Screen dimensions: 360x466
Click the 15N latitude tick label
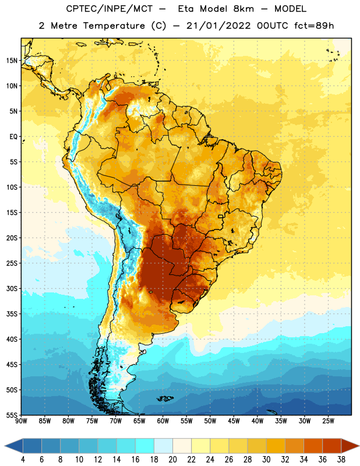[12, 61]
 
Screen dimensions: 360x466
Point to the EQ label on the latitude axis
[13, 137]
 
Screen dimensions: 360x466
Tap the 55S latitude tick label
[12, 415]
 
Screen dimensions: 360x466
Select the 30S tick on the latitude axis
[12, 288]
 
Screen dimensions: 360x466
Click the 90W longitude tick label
[21, 421]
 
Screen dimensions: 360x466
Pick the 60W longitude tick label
[163, 421]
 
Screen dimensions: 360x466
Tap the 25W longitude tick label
[328, 421]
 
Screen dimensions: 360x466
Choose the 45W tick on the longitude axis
[234, 421]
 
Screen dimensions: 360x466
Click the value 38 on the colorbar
[341, 460]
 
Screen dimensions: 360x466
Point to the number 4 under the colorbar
[23, 460]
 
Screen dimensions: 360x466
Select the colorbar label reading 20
[172, 460]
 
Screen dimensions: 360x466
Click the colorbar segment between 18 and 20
[163, 446]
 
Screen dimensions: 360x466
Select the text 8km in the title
[243, 9]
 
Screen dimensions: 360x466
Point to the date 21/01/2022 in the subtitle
[218, 26]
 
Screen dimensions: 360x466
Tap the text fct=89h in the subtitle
[314, 26]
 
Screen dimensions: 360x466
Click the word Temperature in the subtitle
[114, 26]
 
